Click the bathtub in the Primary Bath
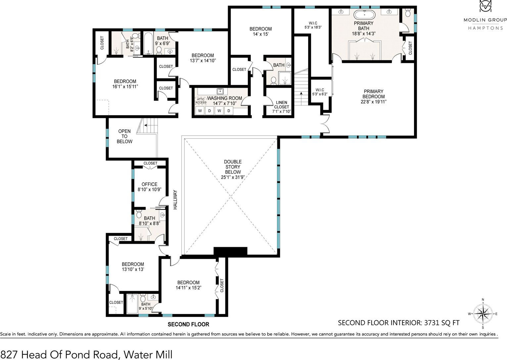point(364,15)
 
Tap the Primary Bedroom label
point(373,97)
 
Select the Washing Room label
point(224,101)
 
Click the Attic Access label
point(201,101)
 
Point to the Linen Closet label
point(281,107)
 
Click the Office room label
point(149,187)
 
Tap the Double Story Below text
point(233,169)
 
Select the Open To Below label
point(124,136)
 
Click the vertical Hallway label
point(175,200)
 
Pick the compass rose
point(483,314)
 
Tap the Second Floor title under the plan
point(188,324)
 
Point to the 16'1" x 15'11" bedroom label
point(125,84)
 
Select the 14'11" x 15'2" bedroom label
point(188,285)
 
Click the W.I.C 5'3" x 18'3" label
point(313,25)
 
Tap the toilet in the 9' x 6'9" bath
point(159,50)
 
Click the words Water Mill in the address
point(148,354)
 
